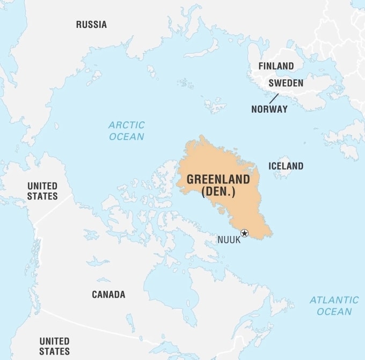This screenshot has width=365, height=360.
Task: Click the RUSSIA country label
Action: point(91,25)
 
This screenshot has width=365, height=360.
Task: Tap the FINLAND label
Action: point(276,66)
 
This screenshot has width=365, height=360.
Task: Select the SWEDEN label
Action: point(286,83)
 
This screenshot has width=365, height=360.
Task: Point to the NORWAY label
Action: point(269,109)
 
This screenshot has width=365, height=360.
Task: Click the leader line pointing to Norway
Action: point(274,98)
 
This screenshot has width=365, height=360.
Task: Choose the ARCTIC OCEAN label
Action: point(127,131)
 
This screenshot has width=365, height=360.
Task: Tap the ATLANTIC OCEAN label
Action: point(334,306)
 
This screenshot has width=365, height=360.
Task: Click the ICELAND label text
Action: point(286,166)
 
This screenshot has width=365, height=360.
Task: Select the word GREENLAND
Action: point(218,179)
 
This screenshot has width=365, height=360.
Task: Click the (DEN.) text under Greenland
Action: point(218,192)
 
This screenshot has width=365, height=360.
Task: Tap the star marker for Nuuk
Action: point(245,233)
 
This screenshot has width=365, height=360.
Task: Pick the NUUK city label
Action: point(229,240)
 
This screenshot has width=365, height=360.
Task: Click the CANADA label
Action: point(108,295)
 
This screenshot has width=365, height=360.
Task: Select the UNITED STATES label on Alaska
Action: point(42,191)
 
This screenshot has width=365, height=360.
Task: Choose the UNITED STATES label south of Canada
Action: point(54,346)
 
